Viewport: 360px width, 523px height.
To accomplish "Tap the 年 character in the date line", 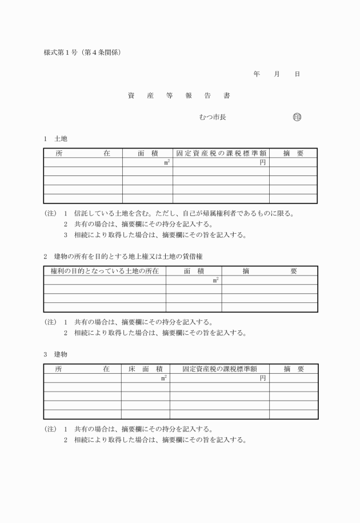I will (257, 74).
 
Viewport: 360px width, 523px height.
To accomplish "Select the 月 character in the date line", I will (277, 74).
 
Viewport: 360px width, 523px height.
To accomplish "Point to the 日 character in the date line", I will (297, 74).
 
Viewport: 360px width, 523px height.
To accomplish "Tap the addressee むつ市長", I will (213, 117).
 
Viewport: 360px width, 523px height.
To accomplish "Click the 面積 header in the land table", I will (147, 153).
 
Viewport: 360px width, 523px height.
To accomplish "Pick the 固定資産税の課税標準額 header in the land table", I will (221, 153).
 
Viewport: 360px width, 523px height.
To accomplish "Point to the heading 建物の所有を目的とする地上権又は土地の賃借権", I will (125, 257).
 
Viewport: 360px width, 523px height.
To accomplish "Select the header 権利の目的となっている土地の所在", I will (105, 271).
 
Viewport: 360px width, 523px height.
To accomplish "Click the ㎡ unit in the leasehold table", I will (215, 280).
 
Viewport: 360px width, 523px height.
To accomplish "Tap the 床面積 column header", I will (145, 369).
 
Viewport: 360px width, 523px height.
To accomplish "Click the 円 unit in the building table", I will (263, 378).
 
